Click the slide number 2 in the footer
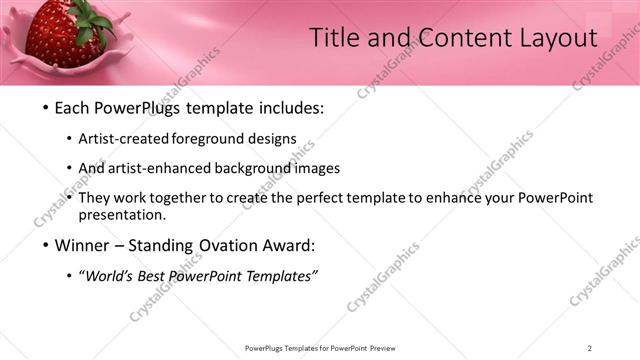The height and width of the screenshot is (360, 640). pyautogui.click(x=590, y=348)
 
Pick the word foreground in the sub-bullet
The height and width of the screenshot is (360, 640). pyautogui.click(x=208, y=138)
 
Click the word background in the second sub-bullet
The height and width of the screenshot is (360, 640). pyautogui.click(x=263, y=168)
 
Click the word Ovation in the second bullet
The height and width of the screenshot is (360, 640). pyautogui.click(x=228, y=245)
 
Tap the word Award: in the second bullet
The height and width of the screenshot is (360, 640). pyautogui.click(x=290, y=245)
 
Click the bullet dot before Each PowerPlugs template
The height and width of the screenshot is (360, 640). pyautogui.click(x=46, y=108)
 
